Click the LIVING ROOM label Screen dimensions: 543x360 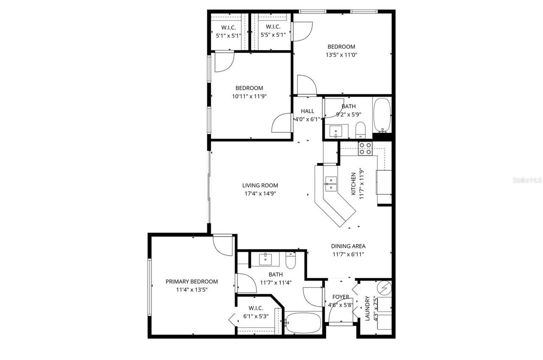pyautogui.click(x=260, y=185)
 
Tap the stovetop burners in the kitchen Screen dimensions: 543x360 pyautogui.click(x=366, y=148)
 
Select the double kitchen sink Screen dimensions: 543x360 pyautogui.click(x=331, y=184)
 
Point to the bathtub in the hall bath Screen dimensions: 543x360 pyautogui.click(x=382, y=115)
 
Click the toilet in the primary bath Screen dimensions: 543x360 pyautogui.click(x=291, y=260)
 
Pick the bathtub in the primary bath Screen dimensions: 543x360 pyautogui.click(x=303, y=323)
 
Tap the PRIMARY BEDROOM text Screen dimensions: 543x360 pyautogui.click(x=192, y=282)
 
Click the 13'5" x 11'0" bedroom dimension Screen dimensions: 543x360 pyautogui.click(x=341, y=55)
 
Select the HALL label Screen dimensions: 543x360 pyautogui.click(x=308, y=111)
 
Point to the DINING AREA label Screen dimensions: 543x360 pyautogui.click(x=348, y=246)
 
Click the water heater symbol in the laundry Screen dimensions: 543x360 pyautogui.click(x=384, y=287)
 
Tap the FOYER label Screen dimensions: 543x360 pyautogui.click(x=341, y=297)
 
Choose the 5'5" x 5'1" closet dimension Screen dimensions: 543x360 pyautogui.click(x=273, y=35)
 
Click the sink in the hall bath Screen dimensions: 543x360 pyautogui.click(x=336, y=131)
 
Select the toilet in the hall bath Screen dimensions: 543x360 pyautogui.click(x=361, y=130)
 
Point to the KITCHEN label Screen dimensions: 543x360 pyautogui.click(x=353, y=183)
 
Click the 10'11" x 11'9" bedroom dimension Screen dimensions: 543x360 pyautogui.click(x=249, y=96)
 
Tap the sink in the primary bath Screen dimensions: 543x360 pyautogui.click(x=266, y=259)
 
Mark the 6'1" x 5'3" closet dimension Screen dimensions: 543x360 pyautogui.click(x=256, y=316)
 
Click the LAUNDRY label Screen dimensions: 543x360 pyautogui.click(x=367, y=308)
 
